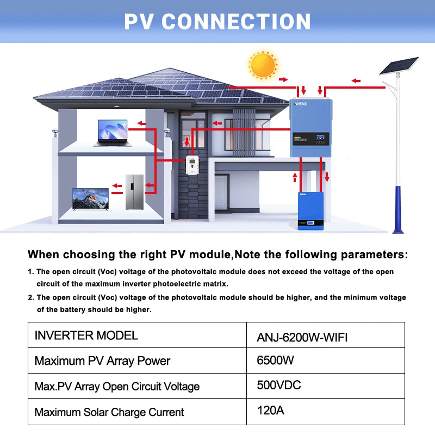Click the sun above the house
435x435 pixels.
[263, 65]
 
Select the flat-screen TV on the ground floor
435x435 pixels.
[90, 199]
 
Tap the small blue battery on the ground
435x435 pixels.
[310, 210]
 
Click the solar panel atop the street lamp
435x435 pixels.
[398, 66]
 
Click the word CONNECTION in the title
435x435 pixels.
[236, 22]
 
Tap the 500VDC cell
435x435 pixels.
[278, 386]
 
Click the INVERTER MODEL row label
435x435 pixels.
[86, 335]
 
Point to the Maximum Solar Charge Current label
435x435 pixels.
[109, 412]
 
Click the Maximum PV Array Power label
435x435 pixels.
[102, 361]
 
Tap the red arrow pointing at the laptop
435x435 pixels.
[140, 123]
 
